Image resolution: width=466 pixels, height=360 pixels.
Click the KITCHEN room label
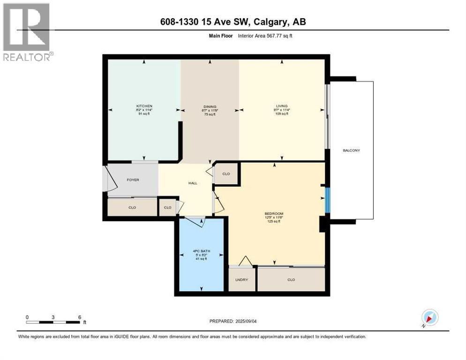coord(144,106)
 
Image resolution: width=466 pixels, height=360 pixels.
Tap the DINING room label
coord(209,106)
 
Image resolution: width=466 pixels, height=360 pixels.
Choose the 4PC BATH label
coord(202,252)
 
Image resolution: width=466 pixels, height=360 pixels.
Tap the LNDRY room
coord(241,280)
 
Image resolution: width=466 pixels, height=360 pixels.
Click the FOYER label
coord(133,180)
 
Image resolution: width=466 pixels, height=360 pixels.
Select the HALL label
coord(192,183)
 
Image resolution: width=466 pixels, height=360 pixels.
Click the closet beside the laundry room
coord(291,280)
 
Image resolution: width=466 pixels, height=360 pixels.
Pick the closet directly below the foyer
coord(132,207)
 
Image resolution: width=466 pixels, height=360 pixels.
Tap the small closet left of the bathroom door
coord(167,207)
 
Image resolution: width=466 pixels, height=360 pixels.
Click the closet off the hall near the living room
coord(226,174)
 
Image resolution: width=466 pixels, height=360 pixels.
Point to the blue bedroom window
coord(328,199)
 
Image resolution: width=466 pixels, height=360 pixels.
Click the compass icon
coord(429,318)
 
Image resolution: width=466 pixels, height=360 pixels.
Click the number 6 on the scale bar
coord(80,317)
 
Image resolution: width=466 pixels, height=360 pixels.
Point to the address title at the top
coord(233,22)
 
